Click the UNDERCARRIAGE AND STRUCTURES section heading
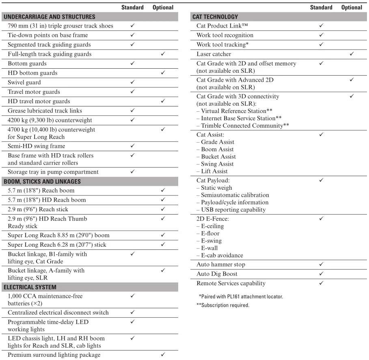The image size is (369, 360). (49, 17)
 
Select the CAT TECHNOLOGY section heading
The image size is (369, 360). (215, 17)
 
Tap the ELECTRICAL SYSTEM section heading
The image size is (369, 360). (30, 287)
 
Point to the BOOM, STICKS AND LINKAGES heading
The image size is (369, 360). (42, 181)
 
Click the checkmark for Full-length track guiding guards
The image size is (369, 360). (163, 54)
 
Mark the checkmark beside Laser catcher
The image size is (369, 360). (352, 54)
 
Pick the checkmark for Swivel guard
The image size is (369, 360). (132, 82)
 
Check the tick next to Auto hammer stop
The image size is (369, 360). (321, 265)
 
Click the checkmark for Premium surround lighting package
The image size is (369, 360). (163, 355)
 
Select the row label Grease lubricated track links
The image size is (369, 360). (45, 111)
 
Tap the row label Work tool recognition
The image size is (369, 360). (225, 35)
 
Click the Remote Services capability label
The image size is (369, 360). (231, 283)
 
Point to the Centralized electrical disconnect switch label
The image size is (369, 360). (58, 312)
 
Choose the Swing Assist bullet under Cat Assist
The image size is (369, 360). (217, 164)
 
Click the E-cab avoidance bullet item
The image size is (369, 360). (222, 255)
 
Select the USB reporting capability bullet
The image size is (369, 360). (233, 210)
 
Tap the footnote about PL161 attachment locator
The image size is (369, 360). (241, 296)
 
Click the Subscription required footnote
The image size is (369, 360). (223, 305)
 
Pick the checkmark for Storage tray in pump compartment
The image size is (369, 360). (132, 172)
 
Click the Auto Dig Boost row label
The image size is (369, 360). (217, 274)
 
